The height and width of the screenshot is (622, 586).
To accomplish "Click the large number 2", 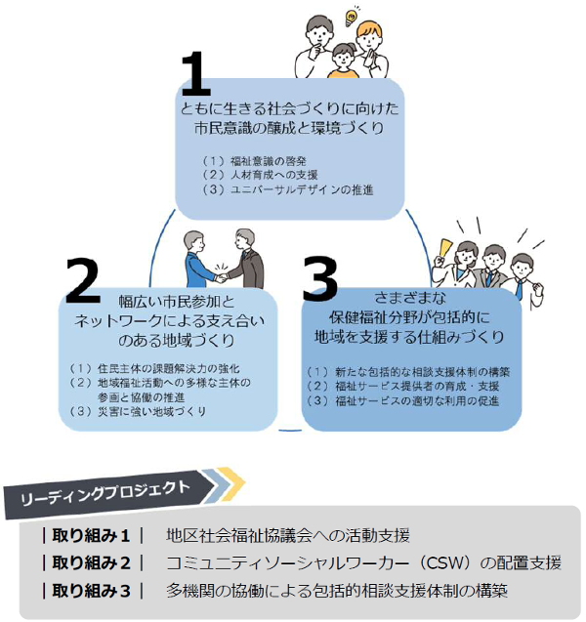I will pos(83,283).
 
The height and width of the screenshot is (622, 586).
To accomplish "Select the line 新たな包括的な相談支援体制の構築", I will pos(419,372).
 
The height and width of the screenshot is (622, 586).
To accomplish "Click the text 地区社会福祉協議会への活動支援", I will pos(287,535).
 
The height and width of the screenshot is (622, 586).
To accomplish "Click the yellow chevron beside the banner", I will pos(230,479).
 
